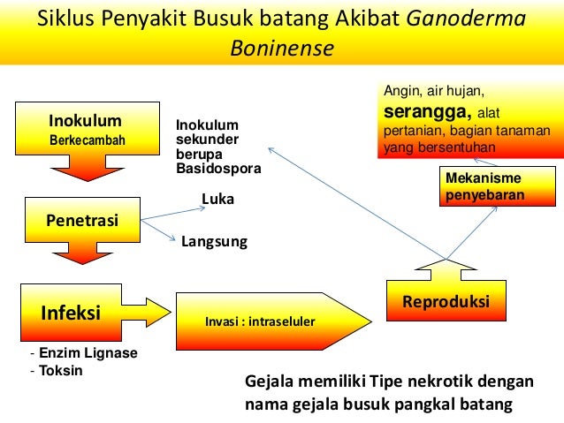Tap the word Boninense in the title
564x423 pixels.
(282, 47)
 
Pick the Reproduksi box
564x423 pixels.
(446, 302)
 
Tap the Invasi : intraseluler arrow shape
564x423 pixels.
(266, 321)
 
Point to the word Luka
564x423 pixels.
(217, 200)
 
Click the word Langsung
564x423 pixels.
(214, 240)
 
